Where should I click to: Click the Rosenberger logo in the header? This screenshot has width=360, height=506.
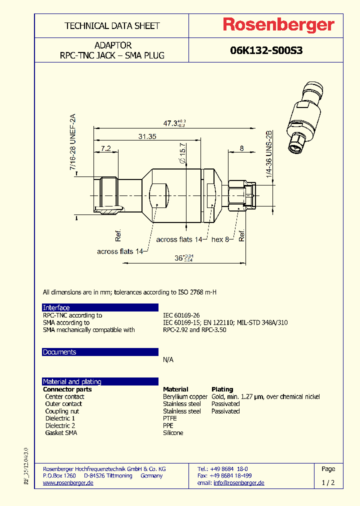(x=278, y=25)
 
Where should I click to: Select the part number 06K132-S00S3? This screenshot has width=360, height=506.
(x=266, y=50)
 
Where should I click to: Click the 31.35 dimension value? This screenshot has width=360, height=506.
(x=147, y=136)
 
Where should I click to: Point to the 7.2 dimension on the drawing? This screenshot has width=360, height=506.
(x=105, y=148)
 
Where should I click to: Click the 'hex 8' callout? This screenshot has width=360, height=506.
(x=220, y=239)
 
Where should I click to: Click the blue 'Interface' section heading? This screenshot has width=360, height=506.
(x=56, y=307)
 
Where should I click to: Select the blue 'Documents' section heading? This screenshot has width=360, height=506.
(x=59, y=352)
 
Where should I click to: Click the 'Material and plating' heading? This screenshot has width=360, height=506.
(x=72, y=381)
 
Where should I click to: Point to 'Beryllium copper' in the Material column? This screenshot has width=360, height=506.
(x=185, y=396)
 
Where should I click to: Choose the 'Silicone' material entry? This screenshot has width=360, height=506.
(x=173, y=432)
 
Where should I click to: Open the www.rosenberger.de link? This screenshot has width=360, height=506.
(x=68, y=483)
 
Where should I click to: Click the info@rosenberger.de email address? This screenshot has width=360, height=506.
(x=239, y=483)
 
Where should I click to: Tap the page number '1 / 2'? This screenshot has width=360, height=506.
(x=328, y=483)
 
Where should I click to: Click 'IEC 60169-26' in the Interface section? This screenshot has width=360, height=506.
(x=181, y=315)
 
